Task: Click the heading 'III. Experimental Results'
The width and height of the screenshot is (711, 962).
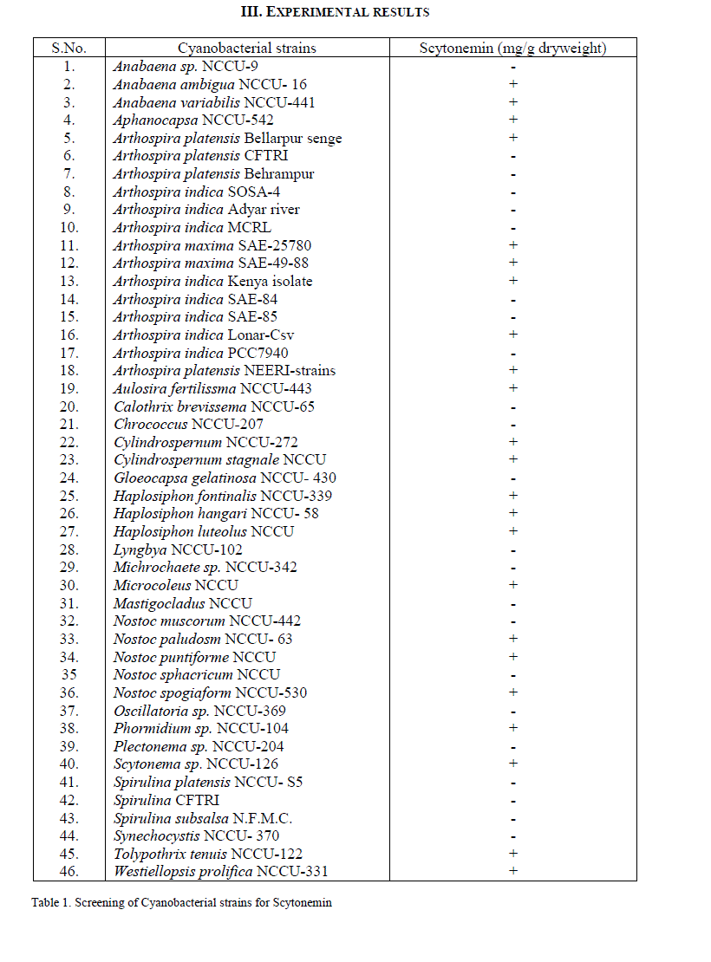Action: coord(335,12)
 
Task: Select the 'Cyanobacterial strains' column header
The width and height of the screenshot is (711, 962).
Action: coord(247,48)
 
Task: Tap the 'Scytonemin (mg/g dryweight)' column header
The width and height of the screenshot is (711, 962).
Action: coord(512,48)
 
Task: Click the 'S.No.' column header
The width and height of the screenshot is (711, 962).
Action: coord(69,48)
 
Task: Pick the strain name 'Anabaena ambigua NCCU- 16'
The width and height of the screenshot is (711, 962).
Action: coord(210,84)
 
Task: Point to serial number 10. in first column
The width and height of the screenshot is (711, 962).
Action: coord(69,227)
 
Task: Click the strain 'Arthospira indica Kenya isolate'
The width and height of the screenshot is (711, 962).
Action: coord(212,281)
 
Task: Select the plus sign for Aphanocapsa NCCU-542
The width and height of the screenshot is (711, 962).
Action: coord(513,120)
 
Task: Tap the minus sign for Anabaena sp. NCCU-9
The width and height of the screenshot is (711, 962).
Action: coord(513,67)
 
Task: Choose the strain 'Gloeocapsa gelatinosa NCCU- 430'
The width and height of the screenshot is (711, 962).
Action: coord(225,478)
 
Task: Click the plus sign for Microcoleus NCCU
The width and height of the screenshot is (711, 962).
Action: coord(513,585)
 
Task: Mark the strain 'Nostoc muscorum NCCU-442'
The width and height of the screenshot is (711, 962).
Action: coord(207,621)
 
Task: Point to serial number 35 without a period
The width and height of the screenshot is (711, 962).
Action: coord(68,674)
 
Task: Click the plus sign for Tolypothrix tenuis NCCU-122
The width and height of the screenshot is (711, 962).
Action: coord(513,854)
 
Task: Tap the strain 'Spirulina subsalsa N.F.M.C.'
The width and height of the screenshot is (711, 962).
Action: coord(203,818)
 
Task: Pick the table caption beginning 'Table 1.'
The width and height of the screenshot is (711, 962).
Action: coord(181,902)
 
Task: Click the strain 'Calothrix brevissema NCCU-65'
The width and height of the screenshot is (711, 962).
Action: coord(214,406)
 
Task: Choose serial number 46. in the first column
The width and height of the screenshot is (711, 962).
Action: coord(69,871)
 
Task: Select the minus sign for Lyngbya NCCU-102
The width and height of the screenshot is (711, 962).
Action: coord(513,550)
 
